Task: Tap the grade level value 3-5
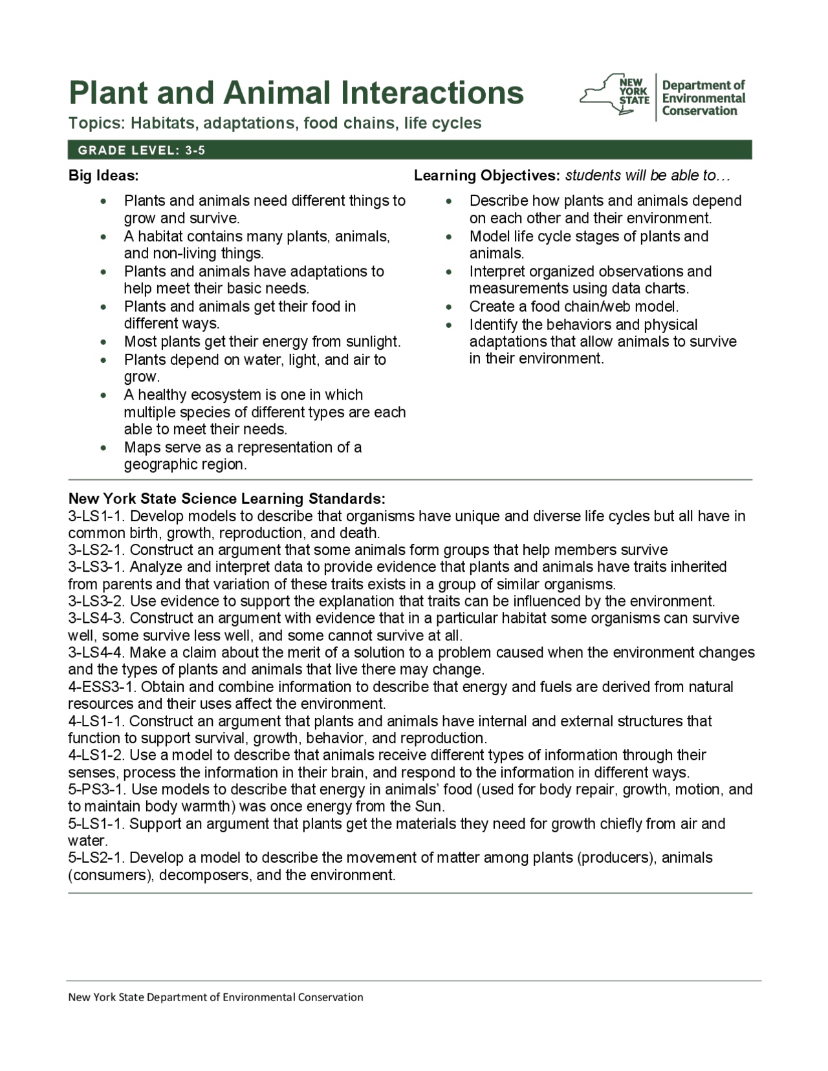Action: pyautogui.click(x=195, y=151)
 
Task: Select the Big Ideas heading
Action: pyautogui.click(x=103, y=175)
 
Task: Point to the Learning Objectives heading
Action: pyautogui.click(x=486, y=175)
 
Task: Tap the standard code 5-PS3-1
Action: pyautogui.click(x=97, y=789)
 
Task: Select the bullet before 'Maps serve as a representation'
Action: pyautogui.click(x=104, y=448)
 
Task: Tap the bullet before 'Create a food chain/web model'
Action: pyautogui.click(x=450, y=307)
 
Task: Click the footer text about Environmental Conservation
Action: pyautogui.click(x=216, y=997)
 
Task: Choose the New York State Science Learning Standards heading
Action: pyautogui.click(x=227, y=499)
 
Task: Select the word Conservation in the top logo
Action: pyautogui.click(x=699, y=111)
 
